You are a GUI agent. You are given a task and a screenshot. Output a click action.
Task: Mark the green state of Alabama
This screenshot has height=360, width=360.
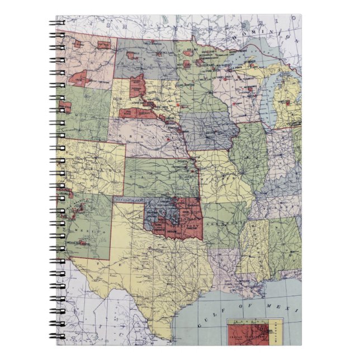pos(282,240)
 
